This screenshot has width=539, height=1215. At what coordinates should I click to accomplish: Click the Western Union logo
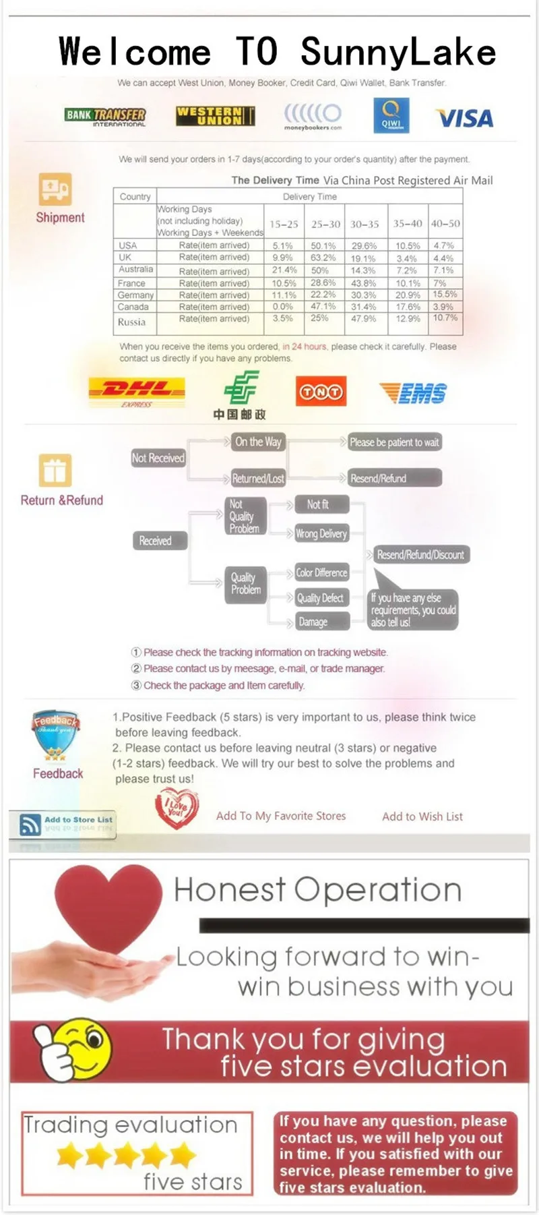[x=215, y=116]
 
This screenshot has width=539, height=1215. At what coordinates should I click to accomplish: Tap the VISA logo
[x=465, y=119]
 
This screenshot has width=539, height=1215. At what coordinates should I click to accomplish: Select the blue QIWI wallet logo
[x=391, y=116]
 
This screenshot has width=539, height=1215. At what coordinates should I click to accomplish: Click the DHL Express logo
[x=137, y=390]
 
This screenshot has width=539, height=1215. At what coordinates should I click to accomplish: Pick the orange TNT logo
[x=321, y=392]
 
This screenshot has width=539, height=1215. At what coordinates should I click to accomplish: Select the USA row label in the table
[x=128, y=245]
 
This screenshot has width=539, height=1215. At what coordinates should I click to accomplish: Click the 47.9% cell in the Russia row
[x=364, y=318]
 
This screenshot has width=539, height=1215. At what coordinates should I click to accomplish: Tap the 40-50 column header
[x=445, y=223]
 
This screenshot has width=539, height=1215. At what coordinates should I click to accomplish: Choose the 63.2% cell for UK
[x=323, y=258]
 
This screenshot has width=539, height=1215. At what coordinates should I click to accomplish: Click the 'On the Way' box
[x=258, y=442]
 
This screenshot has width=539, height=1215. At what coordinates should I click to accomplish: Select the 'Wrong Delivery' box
[x=321, y=533]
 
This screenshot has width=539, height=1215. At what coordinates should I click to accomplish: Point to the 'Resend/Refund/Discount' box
[x=420, y=555]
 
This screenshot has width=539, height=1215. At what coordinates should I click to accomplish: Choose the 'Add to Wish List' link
[x=422, y=817]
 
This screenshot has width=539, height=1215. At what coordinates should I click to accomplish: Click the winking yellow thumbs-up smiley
[x=73, y=1048]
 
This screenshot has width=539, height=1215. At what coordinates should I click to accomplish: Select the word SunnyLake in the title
[x=398, y=52]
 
